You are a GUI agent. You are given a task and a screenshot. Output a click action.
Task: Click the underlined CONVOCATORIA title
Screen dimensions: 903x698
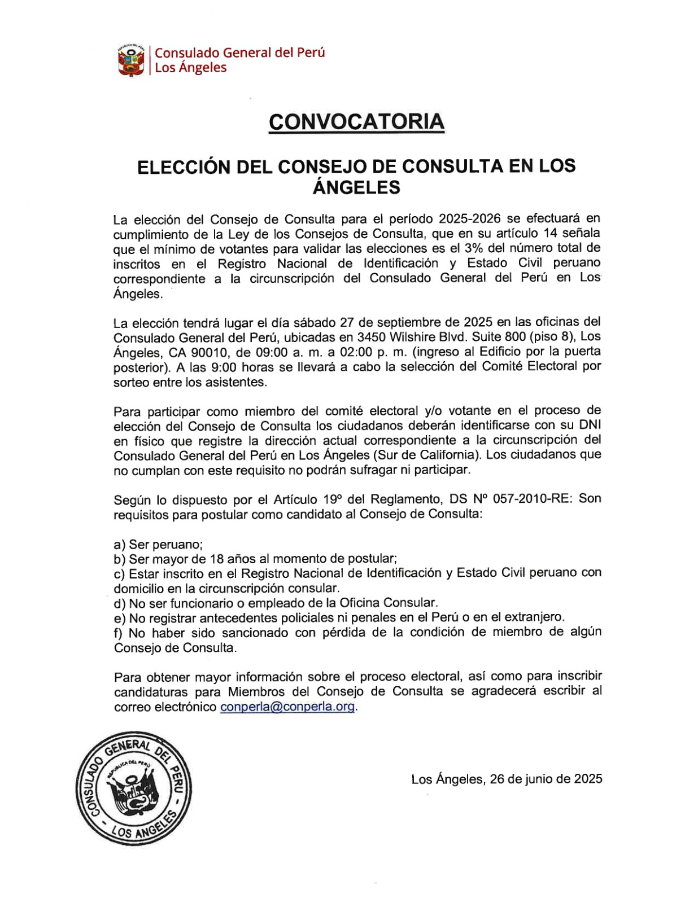(356, 122)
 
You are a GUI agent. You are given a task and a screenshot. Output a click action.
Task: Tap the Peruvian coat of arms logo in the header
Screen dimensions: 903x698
(131, 60)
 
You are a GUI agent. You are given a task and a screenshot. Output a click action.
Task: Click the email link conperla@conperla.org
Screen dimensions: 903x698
(287, 707)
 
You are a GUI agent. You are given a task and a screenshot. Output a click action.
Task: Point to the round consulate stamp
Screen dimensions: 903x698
(133, 788)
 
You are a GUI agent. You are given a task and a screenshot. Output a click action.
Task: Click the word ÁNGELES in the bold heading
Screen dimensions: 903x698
(356, 187)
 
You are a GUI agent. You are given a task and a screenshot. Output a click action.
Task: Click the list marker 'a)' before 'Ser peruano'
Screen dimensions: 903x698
(119, 545)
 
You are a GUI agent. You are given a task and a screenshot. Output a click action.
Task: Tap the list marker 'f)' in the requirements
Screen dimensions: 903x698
(119, 633)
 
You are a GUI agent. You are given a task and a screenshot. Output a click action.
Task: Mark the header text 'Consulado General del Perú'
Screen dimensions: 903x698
(240, 52)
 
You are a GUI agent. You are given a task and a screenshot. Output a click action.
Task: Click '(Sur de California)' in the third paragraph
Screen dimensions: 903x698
(427, 455)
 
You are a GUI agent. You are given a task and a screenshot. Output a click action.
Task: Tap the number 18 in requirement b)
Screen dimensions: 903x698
(217, 559)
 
